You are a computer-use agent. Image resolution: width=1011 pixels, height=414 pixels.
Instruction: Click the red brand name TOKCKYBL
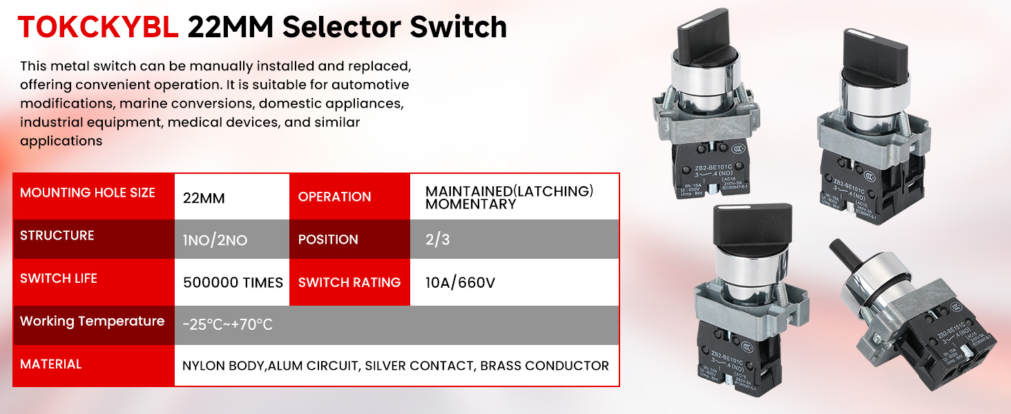99,28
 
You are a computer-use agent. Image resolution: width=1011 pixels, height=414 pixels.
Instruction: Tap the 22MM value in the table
204,198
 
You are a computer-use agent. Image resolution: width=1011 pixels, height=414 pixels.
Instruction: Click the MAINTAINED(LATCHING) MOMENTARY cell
510,198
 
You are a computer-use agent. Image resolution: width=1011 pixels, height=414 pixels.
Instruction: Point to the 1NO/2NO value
215,241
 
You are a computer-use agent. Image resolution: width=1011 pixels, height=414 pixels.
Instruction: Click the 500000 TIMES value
233,283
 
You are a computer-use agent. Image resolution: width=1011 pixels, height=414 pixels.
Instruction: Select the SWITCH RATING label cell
349,283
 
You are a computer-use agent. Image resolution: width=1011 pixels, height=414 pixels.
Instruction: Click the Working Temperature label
93,322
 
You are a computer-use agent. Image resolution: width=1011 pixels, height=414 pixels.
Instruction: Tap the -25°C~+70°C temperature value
228,325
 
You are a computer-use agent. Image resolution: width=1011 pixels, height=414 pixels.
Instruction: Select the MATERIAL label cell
93,364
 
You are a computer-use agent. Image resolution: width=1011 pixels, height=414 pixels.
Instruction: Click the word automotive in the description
370,85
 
